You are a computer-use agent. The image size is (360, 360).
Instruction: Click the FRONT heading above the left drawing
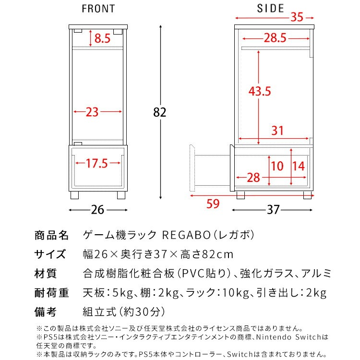click(x=98, y=8)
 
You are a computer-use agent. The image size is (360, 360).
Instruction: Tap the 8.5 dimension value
click(x=102, y=38)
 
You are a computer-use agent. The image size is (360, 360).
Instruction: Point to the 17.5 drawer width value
click(x=96, y=163)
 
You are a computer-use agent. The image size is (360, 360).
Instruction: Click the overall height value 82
click(x=160, y=112)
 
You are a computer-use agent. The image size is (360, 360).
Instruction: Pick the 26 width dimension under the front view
click(x=98, y=210)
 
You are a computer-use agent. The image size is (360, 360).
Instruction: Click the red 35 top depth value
click(x=297, y=18)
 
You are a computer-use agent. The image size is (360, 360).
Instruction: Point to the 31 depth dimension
click(x=277, y=131)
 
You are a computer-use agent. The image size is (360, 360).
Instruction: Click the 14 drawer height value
click(x=298, y=166)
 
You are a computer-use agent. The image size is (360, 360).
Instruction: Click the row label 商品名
click(x=52, y=236)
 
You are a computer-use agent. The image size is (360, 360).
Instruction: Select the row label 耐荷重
click(x=52, y=293)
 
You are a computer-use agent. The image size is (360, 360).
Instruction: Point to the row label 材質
click(x=46, y=274)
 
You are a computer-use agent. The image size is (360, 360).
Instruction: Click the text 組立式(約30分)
click(x=124, y=312)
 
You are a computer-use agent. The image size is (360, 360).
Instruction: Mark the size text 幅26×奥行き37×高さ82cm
click(x=158, y=254)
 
